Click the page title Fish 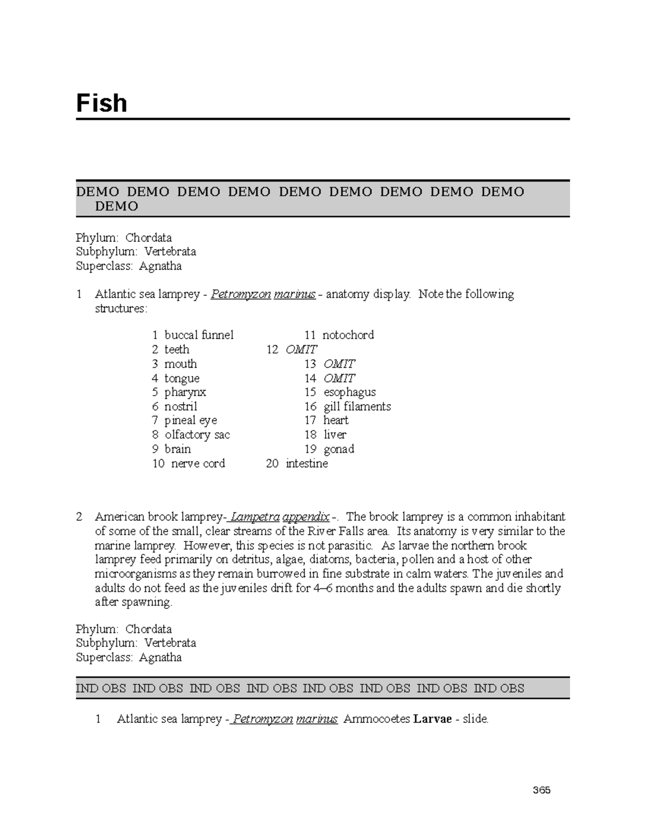click(x=101, y=103)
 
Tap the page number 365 click(x=542, y=790)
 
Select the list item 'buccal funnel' click(x=199, y=335)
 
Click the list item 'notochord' click(x=348, y=335)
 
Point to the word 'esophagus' click(x=349, y=392)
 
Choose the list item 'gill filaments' click(x=357, y=406)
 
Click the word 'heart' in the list click(x=336, y=420)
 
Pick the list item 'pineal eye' click(x=191, y=420)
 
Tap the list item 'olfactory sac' click(x=197, y=434)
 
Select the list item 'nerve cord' click(x=198, y=463)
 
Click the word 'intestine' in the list click(x=307, y=463)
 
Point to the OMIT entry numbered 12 click(x=301, y=349)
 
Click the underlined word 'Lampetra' click(x=255, y=517)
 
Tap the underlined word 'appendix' click(x=306, y=517)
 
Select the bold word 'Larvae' click(x=432, y=719)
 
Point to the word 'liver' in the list click(x=335, y=434)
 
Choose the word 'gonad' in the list click(x=339, y=449)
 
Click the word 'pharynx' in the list click(x=185, y=392)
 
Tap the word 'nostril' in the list click(x=181, y=406)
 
